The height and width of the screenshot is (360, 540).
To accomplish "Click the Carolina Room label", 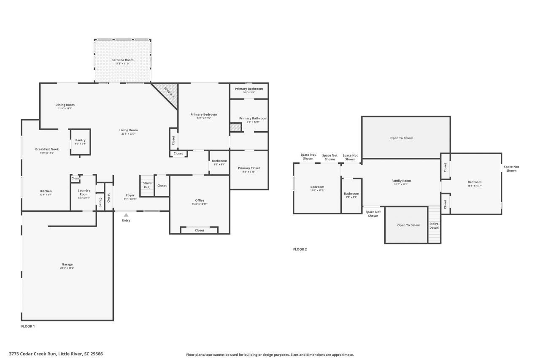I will point(122,60).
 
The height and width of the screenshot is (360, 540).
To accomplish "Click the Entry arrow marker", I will point(126,215).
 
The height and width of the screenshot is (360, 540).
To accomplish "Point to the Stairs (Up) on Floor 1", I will point(147,185).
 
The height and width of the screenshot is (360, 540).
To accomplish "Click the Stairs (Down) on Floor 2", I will point(434,225).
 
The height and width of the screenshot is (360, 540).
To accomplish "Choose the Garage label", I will point(67,265).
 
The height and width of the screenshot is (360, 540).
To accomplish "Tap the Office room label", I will point(200,200).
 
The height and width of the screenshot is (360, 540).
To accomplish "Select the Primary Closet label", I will point(249,168).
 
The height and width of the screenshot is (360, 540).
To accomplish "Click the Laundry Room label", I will point(84,192).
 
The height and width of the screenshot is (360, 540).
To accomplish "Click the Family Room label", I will point(401,181).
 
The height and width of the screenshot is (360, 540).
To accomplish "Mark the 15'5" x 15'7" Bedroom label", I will point(474,182).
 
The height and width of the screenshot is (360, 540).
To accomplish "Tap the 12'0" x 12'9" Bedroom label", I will point(317,187).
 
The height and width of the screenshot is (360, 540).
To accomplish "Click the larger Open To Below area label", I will point(401,138).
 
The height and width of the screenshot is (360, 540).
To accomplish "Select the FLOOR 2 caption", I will point(300,249).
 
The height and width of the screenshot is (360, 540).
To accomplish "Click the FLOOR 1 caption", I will point(28,326).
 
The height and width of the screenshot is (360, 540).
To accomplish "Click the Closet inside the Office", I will point(200,230).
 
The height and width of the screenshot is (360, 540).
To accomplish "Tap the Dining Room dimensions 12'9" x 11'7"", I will point(65,108).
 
